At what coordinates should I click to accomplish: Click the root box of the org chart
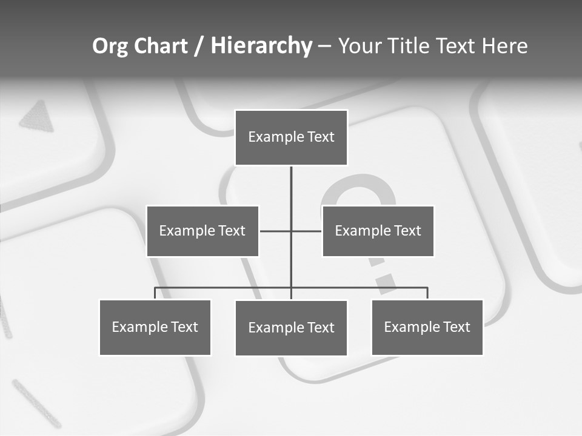point(291,137)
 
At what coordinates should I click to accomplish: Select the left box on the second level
point(202,231)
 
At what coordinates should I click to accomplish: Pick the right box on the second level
point(378,231)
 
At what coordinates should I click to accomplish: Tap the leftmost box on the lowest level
point(155,327)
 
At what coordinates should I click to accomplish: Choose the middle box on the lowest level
point(291,328)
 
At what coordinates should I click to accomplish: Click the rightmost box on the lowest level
point(427,327)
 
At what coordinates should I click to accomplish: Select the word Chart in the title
point(160,46)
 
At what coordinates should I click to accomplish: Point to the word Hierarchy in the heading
point(261,46)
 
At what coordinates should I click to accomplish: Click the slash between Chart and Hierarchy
point(199,47)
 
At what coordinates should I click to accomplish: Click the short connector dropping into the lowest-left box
point(155,293)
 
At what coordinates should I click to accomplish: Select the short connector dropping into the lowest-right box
point(427,293)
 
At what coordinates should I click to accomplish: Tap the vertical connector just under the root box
point(291,182)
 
